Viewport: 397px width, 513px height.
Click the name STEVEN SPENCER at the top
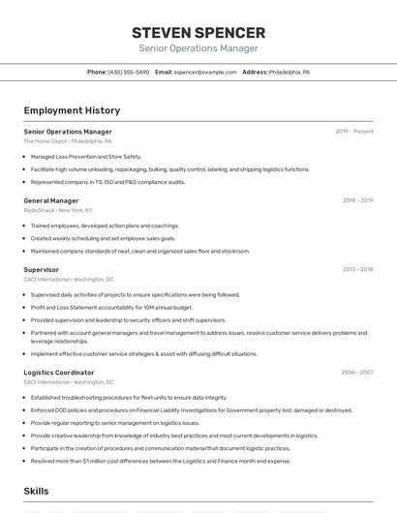pos(198,33)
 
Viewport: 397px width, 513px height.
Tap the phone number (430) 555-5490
pos(129,72)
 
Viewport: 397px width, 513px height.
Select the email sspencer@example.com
pos(205,72)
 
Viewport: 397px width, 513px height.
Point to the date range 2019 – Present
pos(354,131)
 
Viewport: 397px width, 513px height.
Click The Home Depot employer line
pos(68,141)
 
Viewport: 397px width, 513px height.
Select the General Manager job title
pos(51,200)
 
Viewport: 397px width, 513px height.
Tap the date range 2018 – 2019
pos(357,200)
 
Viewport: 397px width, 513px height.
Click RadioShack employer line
pos(58,210)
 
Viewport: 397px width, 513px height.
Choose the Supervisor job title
pos(42,269)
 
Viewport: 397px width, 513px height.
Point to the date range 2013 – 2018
pos(357,269)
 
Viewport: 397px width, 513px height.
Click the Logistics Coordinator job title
pos(59,372)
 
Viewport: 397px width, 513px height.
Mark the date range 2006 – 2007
pos(356,372)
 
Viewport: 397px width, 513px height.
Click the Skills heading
pos(37,491)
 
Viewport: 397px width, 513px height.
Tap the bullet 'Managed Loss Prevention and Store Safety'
pos(86,156)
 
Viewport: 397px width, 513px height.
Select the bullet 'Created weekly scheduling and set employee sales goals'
pos(103,238)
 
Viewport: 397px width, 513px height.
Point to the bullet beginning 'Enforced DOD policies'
pos(191,409)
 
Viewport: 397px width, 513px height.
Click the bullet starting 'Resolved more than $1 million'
pos(160,461)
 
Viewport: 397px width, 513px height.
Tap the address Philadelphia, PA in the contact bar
pos(290,72)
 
